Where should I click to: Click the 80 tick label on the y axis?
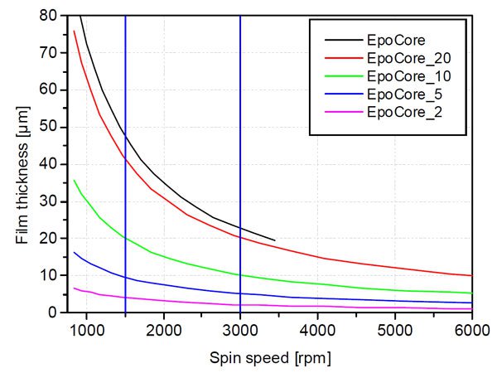(x=48, y=16)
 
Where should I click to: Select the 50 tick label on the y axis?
(x=48, y=127)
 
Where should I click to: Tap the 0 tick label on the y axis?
(x=52, y=312)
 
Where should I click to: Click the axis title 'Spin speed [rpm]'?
(x=271, y=358)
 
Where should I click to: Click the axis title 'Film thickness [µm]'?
(x=22, y=164)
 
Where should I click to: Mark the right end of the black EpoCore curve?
(x=275, y=240)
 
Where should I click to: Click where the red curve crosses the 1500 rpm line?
(x=125, y=157)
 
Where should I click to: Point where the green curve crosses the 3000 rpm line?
(x=240, y=274)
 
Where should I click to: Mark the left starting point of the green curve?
(x=75, y=180)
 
